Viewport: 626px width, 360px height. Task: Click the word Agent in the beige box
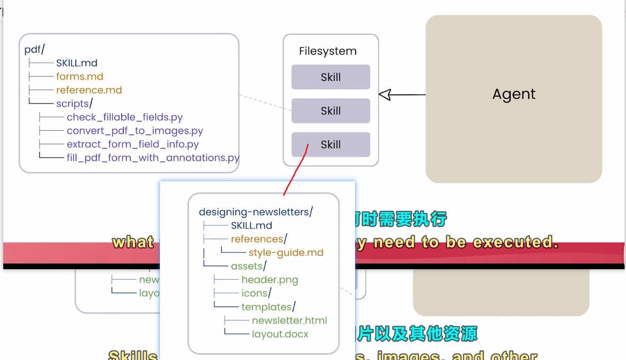(x=514, y=94)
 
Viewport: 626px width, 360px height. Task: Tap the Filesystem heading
(x=328, y=51)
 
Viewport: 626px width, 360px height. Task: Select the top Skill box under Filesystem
(x=331, y=77)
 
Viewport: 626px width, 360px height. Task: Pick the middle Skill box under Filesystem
(x=331, y=111)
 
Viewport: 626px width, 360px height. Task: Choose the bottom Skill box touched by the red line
(x=331, y=144)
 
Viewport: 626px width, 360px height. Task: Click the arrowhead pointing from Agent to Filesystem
(x=385, y=95)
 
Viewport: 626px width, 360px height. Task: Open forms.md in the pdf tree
(x=79, y=76)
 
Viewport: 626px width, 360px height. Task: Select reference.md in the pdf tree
(x=89, y=90)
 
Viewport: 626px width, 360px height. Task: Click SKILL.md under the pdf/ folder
(x=77, y=63)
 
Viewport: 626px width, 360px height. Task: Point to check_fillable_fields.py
(x=125, y=117)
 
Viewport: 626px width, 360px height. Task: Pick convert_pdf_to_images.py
(x=135, y=131)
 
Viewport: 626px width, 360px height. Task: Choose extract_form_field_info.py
(x=133, y=144)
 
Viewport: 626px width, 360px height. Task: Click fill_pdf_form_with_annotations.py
(x=153, y=158)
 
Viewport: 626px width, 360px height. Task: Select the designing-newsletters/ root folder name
(x=256, y=212)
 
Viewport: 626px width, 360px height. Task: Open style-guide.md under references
(x=286, y=253)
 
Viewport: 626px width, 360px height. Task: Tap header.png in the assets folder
(x=269, y=280)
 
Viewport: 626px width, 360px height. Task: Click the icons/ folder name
(x=256, y=293)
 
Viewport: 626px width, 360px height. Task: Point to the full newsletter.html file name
(x=289, y=320)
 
